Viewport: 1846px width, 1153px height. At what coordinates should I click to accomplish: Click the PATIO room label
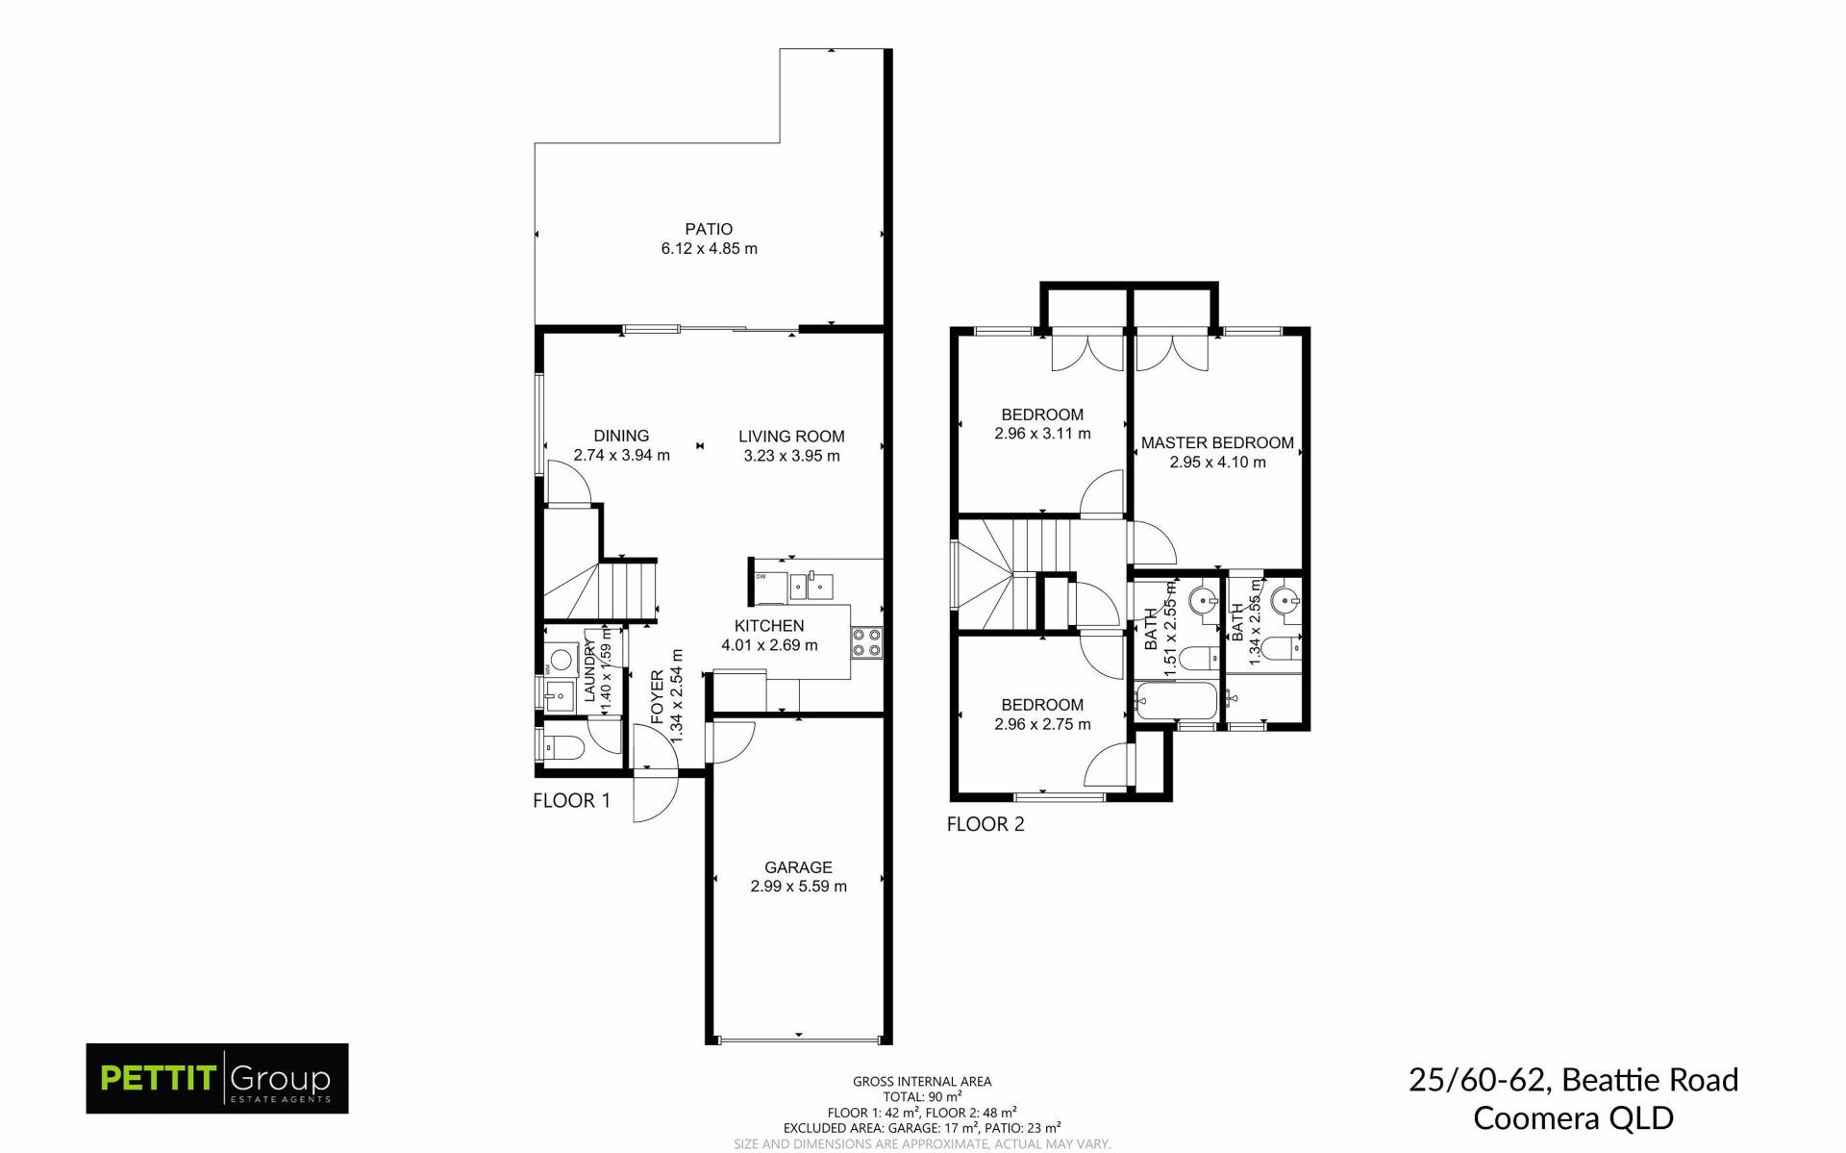[709, 229]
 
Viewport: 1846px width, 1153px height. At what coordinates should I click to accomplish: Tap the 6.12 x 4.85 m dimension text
[709, 248]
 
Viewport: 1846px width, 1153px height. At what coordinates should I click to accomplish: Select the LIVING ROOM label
[791, 437]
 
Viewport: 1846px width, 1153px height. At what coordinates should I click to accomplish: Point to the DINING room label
[621, 436]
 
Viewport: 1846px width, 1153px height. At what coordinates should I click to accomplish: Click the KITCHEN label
[769, 626]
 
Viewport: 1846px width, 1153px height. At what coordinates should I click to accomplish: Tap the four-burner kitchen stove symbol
[866, 642]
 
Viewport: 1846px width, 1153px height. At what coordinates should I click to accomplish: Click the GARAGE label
[798, 867]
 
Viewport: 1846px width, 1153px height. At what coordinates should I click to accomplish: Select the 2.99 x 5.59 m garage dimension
[798, 887]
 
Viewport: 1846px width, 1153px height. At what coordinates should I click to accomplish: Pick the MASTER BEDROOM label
[1217, 443]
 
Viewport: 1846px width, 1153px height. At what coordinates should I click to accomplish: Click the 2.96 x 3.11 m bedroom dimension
[1042, 434]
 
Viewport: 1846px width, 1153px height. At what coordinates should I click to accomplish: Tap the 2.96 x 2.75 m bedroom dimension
[1042, 724]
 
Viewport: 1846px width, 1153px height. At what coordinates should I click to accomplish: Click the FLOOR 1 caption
[571, 800]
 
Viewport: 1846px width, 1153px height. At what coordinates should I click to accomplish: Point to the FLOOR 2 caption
[985, 824]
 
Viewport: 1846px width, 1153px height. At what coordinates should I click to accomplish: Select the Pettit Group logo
[217, 1078]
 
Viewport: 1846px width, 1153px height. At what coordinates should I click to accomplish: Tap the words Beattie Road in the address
[1650, 1080]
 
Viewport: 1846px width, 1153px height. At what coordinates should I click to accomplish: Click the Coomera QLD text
[1573, 1118]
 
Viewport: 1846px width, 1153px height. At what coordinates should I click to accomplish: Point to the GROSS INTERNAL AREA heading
[922, 1082]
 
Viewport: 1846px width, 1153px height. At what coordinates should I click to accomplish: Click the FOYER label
[658, 695]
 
